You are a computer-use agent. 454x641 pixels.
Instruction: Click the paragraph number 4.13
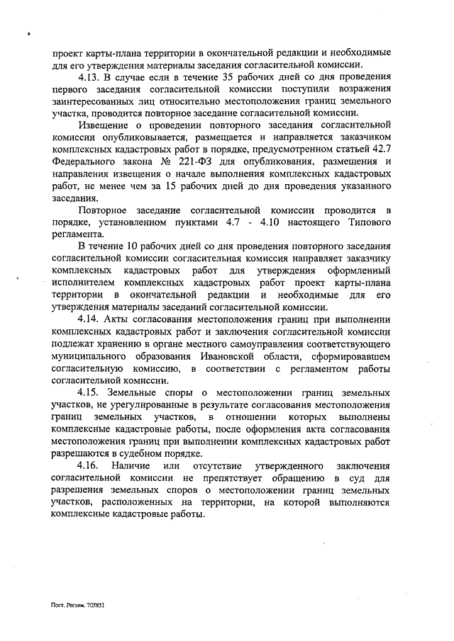89,76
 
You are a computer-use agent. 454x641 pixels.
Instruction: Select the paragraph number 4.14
89,319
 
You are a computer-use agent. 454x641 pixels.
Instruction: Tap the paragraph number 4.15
89,392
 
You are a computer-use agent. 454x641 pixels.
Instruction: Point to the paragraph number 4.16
89,465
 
